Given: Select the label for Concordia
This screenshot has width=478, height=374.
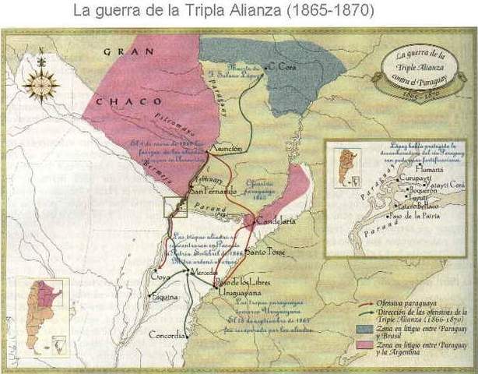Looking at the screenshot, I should point(168,336).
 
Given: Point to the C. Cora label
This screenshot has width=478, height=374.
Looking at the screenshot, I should point(282,67).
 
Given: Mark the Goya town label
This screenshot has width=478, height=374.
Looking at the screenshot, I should point(160,277).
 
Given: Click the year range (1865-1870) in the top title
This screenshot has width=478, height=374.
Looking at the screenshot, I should point(330,12).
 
